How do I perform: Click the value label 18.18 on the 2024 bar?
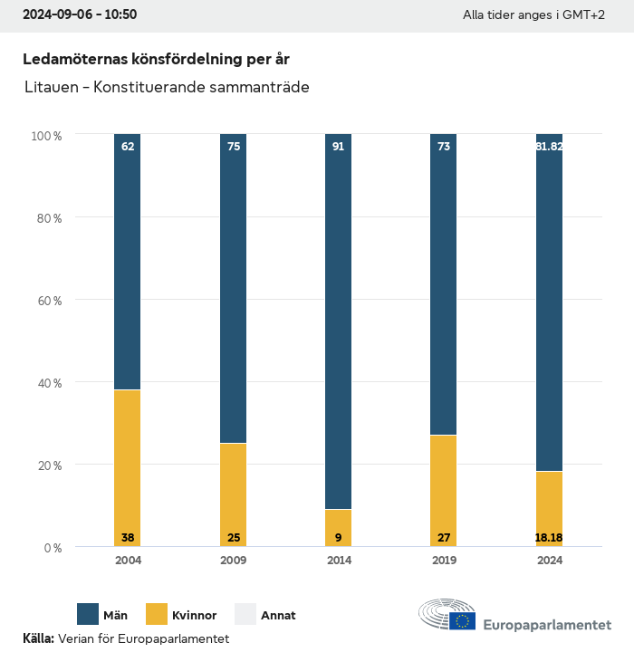[549, 538]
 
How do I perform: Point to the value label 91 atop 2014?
[338, 146]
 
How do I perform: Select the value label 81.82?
[549, 146]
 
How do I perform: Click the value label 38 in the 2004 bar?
[128, 538]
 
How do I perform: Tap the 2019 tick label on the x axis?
[444, 561]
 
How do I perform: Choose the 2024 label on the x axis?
[549, 561]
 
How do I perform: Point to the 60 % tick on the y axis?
[47, 300]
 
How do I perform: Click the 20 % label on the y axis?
[47, 465]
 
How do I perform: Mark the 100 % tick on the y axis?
[46, 135]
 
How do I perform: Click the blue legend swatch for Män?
[88, 614]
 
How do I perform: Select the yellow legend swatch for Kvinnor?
[156, 614]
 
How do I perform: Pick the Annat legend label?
[278, 615]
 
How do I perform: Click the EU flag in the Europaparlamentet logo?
[462, 621]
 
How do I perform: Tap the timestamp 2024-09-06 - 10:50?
[80, 14]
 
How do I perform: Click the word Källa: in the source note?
[38, 638]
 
